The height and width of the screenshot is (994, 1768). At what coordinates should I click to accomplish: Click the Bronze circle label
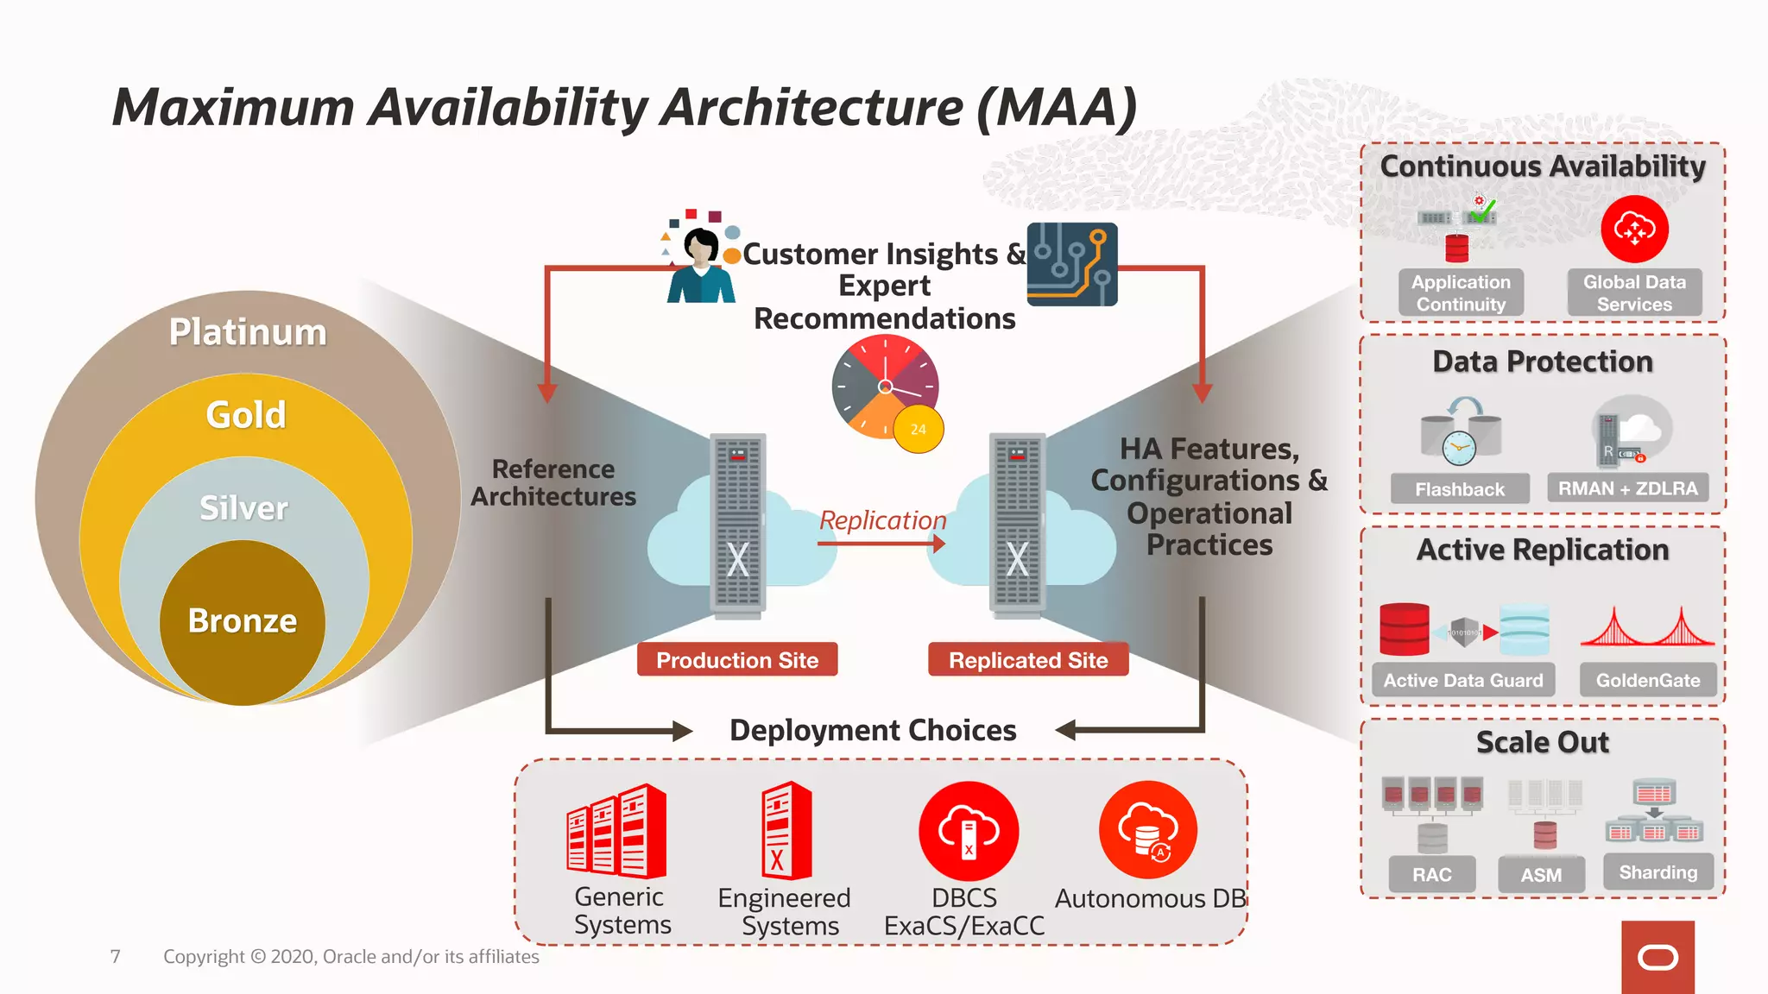(243, 621)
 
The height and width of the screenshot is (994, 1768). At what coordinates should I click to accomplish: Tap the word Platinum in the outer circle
(248, 332)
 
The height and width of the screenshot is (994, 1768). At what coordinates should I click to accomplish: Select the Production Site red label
(737, 660)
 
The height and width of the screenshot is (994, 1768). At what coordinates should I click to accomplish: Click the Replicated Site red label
(1028, 660)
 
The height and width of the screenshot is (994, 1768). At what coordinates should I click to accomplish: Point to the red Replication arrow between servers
(881, 544)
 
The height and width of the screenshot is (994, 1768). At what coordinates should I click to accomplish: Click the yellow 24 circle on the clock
(918, 429)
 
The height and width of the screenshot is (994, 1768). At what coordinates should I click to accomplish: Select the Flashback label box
(1460, 489)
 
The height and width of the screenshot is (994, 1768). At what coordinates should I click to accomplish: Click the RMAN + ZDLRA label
(1627, 488)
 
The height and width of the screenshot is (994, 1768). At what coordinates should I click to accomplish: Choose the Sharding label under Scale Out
(1657, 872)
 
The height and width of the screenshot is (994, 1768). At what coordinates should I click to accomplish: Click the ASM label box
(1541, 875)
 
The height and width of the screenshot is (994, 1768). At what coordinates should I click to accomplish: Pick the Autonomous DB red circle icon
(1148, 830)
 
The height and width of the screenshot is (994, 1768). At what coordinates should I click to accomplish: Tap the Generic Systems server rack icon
(616, 831)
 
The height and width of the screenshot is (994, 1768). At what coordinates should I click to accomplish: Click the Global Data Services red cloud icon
(1634, 230)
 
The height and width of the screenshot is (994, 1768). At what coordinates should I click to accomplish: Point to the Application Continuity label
(1461, 293)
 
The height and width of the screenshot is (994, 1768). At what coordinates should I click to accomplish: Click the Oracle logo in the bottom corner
(1657, 957)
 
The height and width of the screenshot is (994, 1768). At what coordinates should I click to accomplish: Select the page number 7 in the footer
(116, 956)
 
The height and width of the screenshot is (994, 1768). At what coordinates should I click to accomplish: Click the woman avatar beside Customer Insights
(702, 263)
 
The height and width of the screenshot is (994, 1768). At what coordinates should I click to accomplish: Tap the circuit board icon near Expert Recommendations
(1072, 264)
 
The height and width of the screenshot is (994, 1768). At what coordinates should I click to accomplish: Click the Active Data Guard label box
(1463, 680)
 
